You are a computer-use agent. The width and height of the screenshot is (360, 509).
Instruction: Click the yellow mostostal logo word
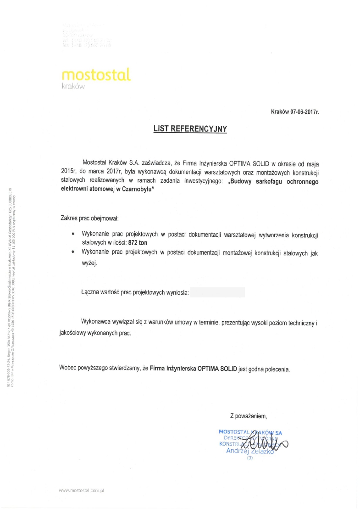95,74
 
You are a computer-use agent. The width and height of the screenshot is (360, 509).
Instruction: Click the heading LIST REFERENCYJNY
190,129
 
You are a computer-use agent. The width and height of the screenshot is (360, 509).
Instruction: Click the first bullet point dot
73,234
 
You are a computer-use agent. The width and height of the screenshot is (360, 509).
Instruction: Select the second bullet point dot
73,252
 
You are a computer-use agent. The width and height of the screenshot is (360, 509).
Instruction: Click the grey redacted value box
217,292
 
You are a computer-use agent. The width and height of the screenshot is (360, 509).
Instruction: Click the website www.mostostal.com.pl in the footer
82,491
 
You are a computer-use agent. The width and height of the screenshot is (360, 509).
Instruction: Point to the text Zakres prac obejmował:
89,217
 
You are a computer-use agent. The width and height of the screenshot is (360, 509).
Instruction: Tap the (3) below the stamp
249,458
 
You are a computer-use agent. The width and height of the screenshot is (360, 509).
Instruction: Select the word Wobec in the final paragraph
68,368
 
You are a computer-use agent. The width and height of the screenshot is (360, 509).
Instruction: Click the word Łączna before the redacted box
90,292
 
